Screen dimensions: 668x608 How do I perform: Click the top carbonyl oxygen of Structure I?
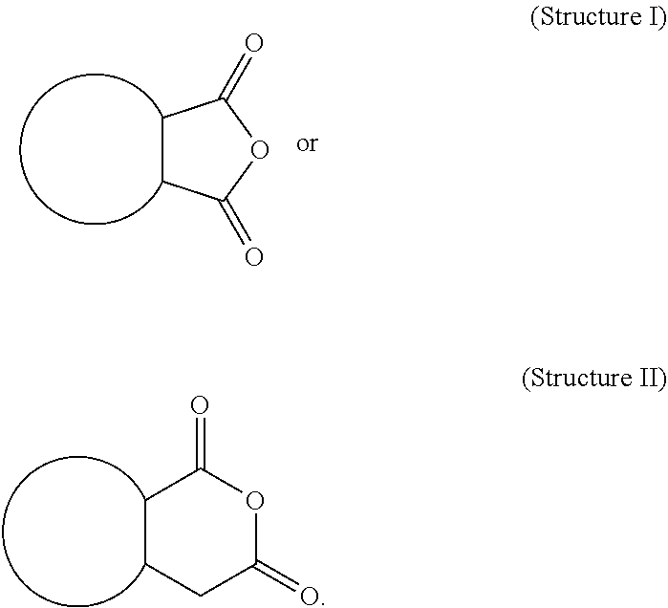point(253,44)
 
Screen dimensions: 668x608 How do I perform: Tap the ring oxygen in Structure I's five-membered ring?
point(256,149)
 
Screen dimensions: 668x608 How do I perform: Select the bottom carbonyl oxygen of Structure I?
point(253,256)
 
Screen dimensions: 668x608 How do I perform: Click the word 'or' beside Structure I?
point(307,145)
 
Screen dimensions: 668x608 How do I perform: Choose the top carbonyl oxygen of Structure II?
point(200,405)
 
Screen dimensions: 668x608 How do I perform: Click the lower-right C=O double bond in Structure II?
point(280,578)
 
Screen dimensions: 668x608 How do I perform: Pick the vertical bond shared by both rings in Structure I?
point(162,149)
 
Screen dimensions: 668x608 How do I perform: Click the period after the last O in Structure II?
point(321,601)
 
